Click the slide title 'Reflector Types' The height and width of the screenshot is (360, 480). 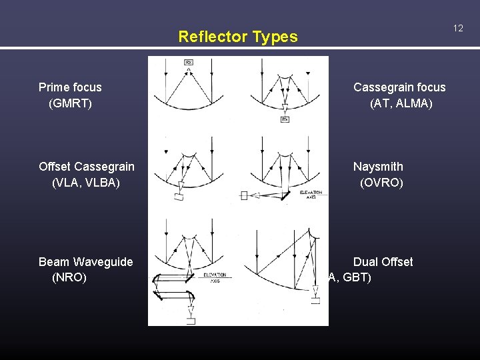click(238, 37)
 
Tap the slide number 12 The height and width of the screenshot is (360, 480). click(458, 28)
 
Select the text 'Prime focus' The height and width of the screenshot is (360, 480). click(70, 87)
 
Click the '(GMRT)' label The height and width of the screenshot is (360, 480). click(70, 103)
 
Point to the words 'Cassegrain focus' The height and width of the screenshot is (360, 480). click(399, 87)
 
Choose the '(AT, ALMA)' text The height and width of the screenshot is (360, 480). click(401, 103)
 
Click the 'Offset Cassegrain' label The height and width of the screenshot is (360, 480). click(87, 167)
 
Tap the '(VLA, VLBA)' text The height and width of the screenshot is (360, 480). click(86, 182)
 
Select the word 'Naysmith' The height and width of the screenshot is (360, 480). click(378, 167)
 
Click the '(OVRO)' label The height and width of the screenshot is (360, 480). click(381, 182)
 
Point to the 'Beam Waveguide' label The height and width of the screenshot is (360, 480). click(86, 262)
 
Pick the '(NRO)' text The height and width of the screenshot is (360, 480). click(69, 277)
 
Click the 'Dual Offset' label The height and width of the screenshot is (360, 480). click(383, 262)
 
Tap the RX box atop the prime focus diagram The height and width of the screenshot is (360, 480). click(189, 62)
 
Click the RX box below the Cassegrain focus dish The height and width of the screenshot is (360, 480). click(285, 119)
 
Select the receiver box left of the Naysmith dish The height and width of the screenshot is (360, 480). click(244, 195)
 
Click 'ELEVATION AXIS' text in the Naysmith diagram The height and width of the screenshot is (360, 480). click(311, 195)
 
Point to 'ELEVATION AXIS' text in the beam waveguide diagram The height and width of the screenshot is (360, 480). click(215, 277)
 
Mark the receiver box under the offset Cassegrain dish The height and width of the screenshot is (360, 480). click(179, 197)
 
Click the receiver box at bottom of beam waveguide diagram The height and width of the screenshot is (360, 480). click(191, 321)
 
